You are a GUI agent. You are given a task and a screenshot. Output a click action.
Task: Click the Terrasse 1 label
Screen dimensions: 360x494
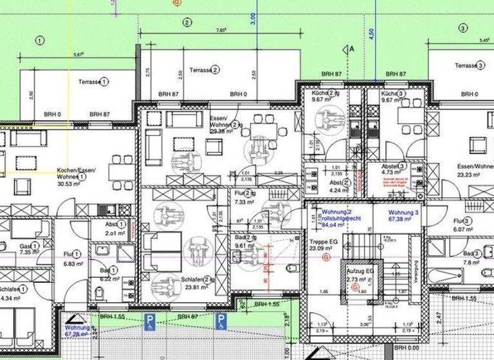pos(93,82)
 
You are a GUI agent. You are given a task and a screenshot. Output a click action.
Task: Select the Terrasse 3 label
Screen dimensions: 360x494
pos(469,66)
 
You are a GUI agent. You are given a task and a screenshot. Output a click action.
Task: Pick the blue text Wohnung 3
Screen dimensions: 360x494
pos(404,212)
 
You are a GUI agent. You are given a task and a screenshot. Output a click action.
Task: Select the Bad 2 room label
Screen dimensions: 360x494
pos(245,238)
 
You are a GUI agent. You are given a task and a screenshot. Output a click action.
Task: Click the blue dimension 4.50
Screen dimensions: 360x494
pos(371,33)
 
